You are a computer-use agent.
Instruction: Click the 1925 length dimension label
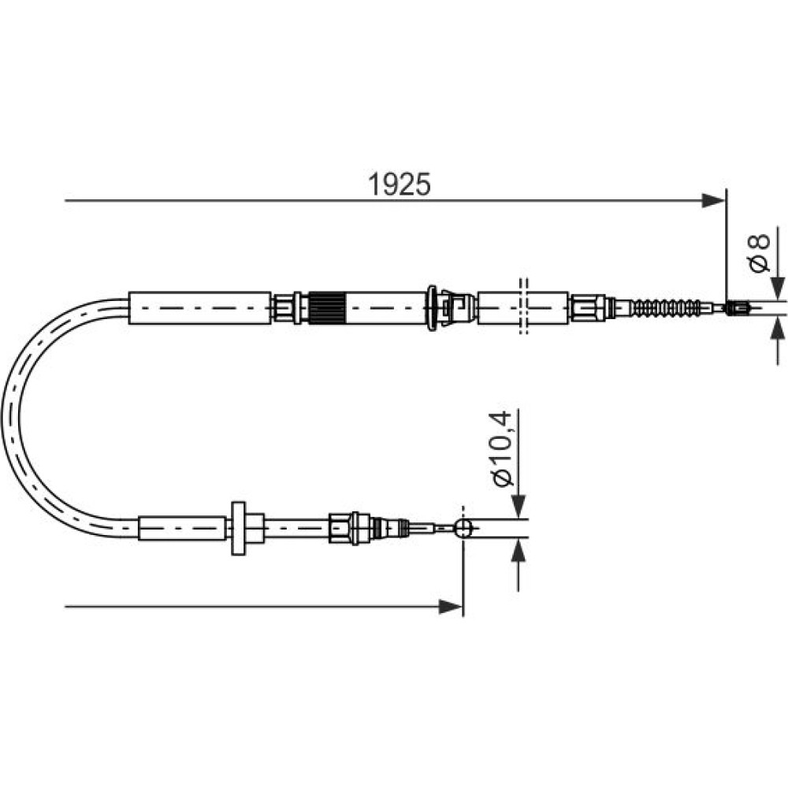pyautogui.click(x=399, y=184)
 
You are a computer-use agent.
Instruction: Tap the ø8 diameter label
pyautogui.click(x=759, y=253)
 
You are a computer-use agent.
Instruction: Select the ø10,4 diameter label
pyautogui.click(x=503, y=449)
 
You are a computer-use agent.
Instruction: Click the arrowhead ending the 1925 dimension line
pyautogui.click(x=714, y=201)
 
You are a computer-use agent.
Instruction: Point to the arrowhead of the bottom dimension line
pyautogui.click(x=451, y=607)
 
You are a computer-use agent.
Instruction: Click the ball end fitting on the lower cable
pyautogui.click(x=463, y=528)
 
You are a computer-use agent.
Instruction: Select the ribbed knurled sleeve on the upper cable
pyautogui.click(x=326, y=307)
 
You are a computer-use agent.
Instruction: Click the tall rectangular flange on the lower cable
pyautogui.click(x=238, y=528)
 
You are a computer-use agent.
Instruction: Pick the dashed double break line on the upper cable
pyautogui.click(x=523, y=307)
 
